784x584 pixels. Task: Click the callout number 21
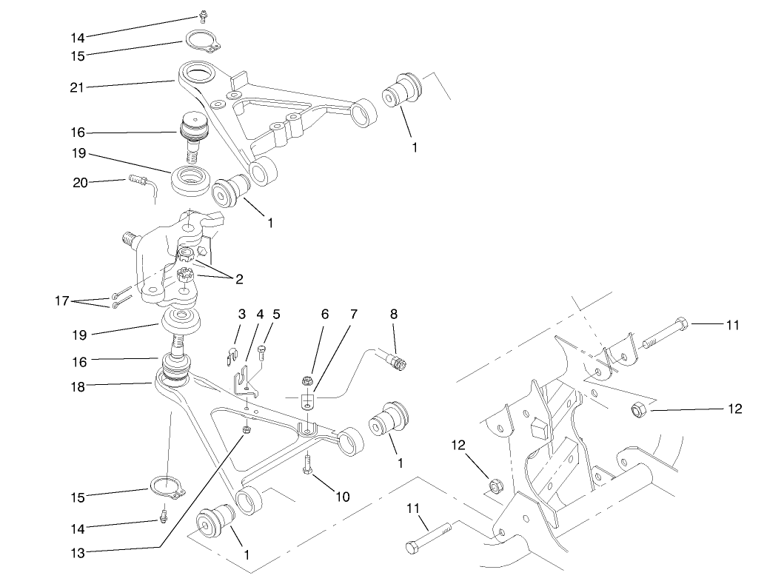click(78, 87)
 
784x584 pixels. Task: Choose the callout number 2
click(239, 279)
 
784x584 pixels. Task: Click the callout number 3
click(241, 314)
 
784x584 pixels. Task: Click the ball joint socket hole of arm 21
click(196, 74)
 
